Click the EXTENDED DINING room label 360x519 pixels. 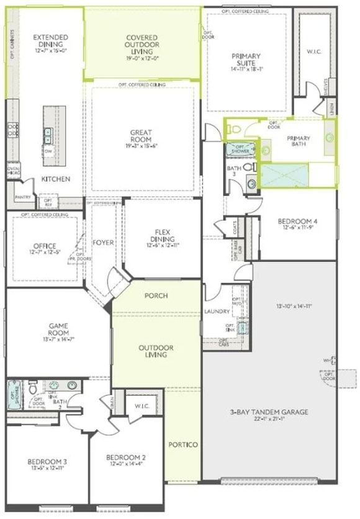(x=50, y=42)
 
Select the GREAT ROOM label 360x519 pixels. (x=142, y=135)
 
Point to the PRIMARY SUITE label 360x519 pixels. (x=246, y=60)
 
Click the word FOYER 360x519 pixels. (x=103, y=242)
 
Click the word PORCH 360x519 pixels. (x=156, y=296)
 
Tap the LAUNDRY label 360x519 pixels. (x=217, y=311)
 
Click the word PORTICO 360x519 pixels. (x=183, y=445)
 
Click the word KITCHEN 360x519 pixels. (x=55, y=179)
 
